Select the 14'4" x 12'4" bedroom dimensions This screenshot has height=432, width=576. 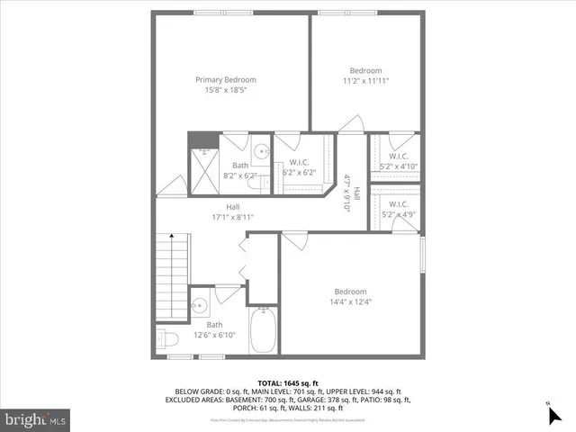[x=350, y=301]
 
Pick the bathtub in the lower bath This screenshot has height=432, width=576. [x=263, y=330]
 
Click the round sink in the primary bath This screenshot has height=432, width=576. [x=260, y=151]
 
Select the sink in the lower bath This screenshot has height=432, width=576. [x=200, y=303]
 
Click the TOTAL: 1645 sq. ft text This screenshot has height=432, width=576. [x=287, y=383]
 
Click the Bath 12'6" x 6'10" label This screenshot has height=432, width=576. [x=214, y=329]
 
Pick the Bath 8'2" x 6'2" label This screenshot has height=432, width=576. [x=240, y=170]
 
